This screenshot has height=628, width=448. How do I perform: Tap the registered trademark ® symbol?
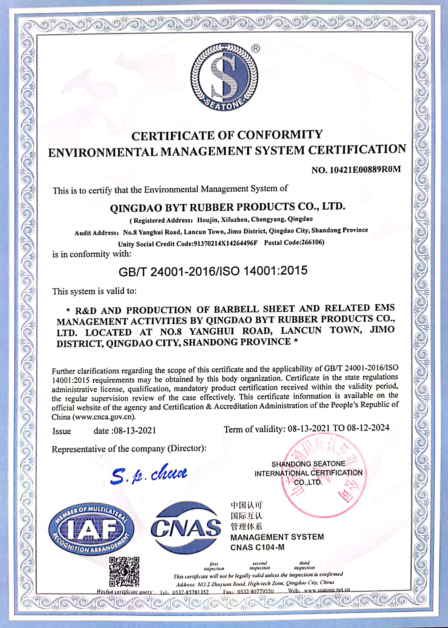(256, 49)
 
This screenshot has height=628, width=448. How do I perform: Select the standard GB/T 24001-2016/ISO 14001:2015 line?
(213, 271)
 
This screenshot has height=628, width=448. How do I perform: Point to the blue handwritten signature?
(149, 475)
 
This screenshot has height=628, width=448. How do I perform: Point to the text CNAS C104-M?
(257, 547)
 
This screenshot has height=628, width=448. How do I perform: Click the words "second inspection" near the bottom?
(259, 565)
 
